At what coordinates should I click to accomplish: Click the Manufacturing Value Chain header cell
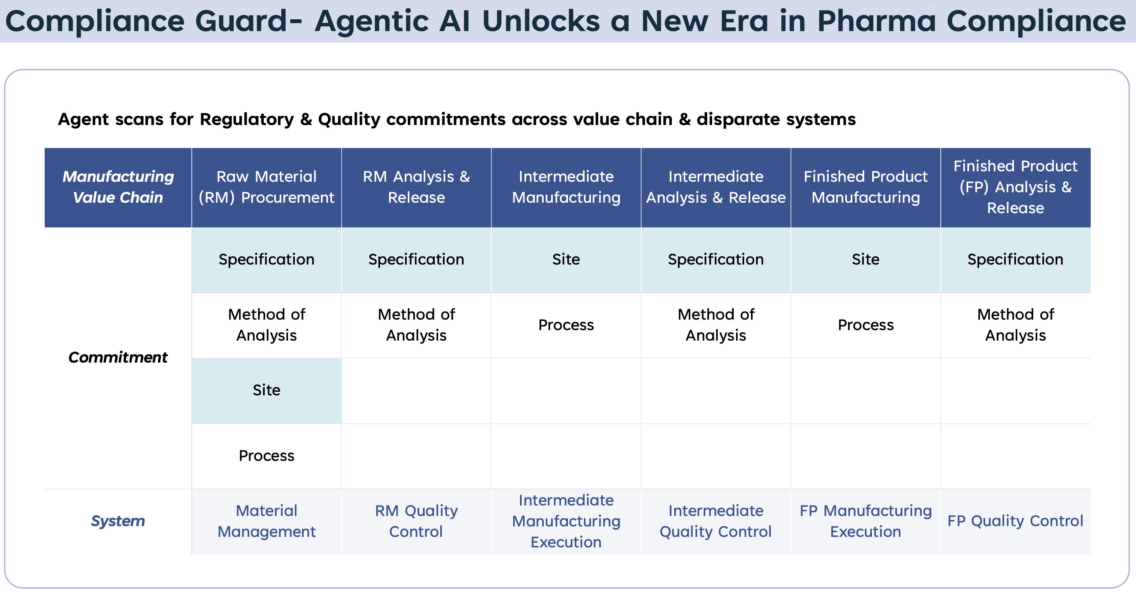point(118,187)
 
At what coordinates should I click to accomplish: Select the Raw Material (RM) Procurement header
point(266,187)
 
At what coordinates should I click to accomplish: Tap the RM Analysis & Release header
point(416,187)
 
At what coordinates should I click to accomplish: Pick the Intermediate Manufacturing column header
point(566,187)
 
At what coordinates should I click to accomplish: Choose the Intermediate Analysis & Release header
point(716,187)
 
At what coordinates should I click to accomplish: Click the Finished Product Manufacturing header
point(866,187)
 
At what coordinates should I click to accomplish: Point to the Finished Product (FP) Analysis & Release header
point(1016,187)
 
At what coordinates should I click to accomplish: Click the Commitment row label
point(118,357)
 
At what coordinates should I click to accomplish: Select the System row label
point(118,521)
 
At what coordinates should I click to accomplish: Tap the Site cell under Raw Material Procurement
point(266,390)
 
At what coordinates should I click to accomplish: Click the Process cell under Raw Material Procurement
point(266,455)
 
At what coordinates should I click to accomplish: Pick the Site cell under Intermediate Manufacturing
point(566,260)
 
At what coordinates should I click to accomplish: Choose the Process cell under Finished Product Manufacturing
point(866,325)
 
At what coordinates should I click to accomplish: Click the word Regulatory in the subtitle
point(247,119)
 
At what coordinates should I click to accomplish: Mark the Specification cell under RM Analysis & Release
point(416,260)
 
